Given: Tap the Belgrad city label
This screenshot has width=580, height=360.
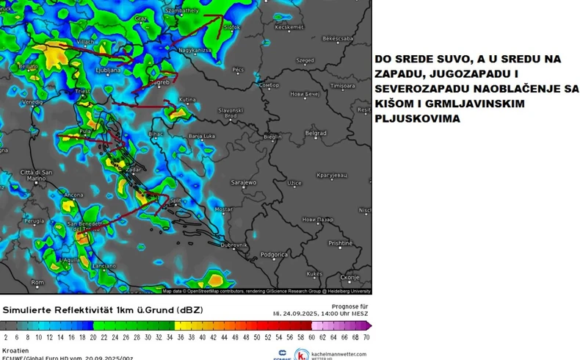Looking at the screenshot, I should click(315, 133).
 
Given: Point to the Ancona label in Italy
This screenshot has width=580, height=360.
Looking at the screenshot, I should click(74, 195).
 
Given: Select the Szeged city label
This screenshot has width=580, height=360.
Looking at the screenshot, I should click(304, 61).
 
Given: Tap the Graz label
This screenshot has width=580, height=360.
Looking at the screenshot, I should click(142, 18).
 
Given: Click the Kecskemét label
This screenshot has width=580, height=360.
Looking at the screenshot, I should click(289, 27).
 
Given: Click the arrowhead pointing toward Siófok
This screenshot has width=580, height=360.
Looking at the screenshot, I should click(223, 17).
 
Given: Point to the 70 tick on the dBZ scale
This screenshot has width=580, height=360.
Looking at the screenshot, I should click(366, 336).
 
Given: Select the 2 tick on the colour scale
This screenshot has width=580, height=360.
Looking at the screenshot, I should click(6, 336).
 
